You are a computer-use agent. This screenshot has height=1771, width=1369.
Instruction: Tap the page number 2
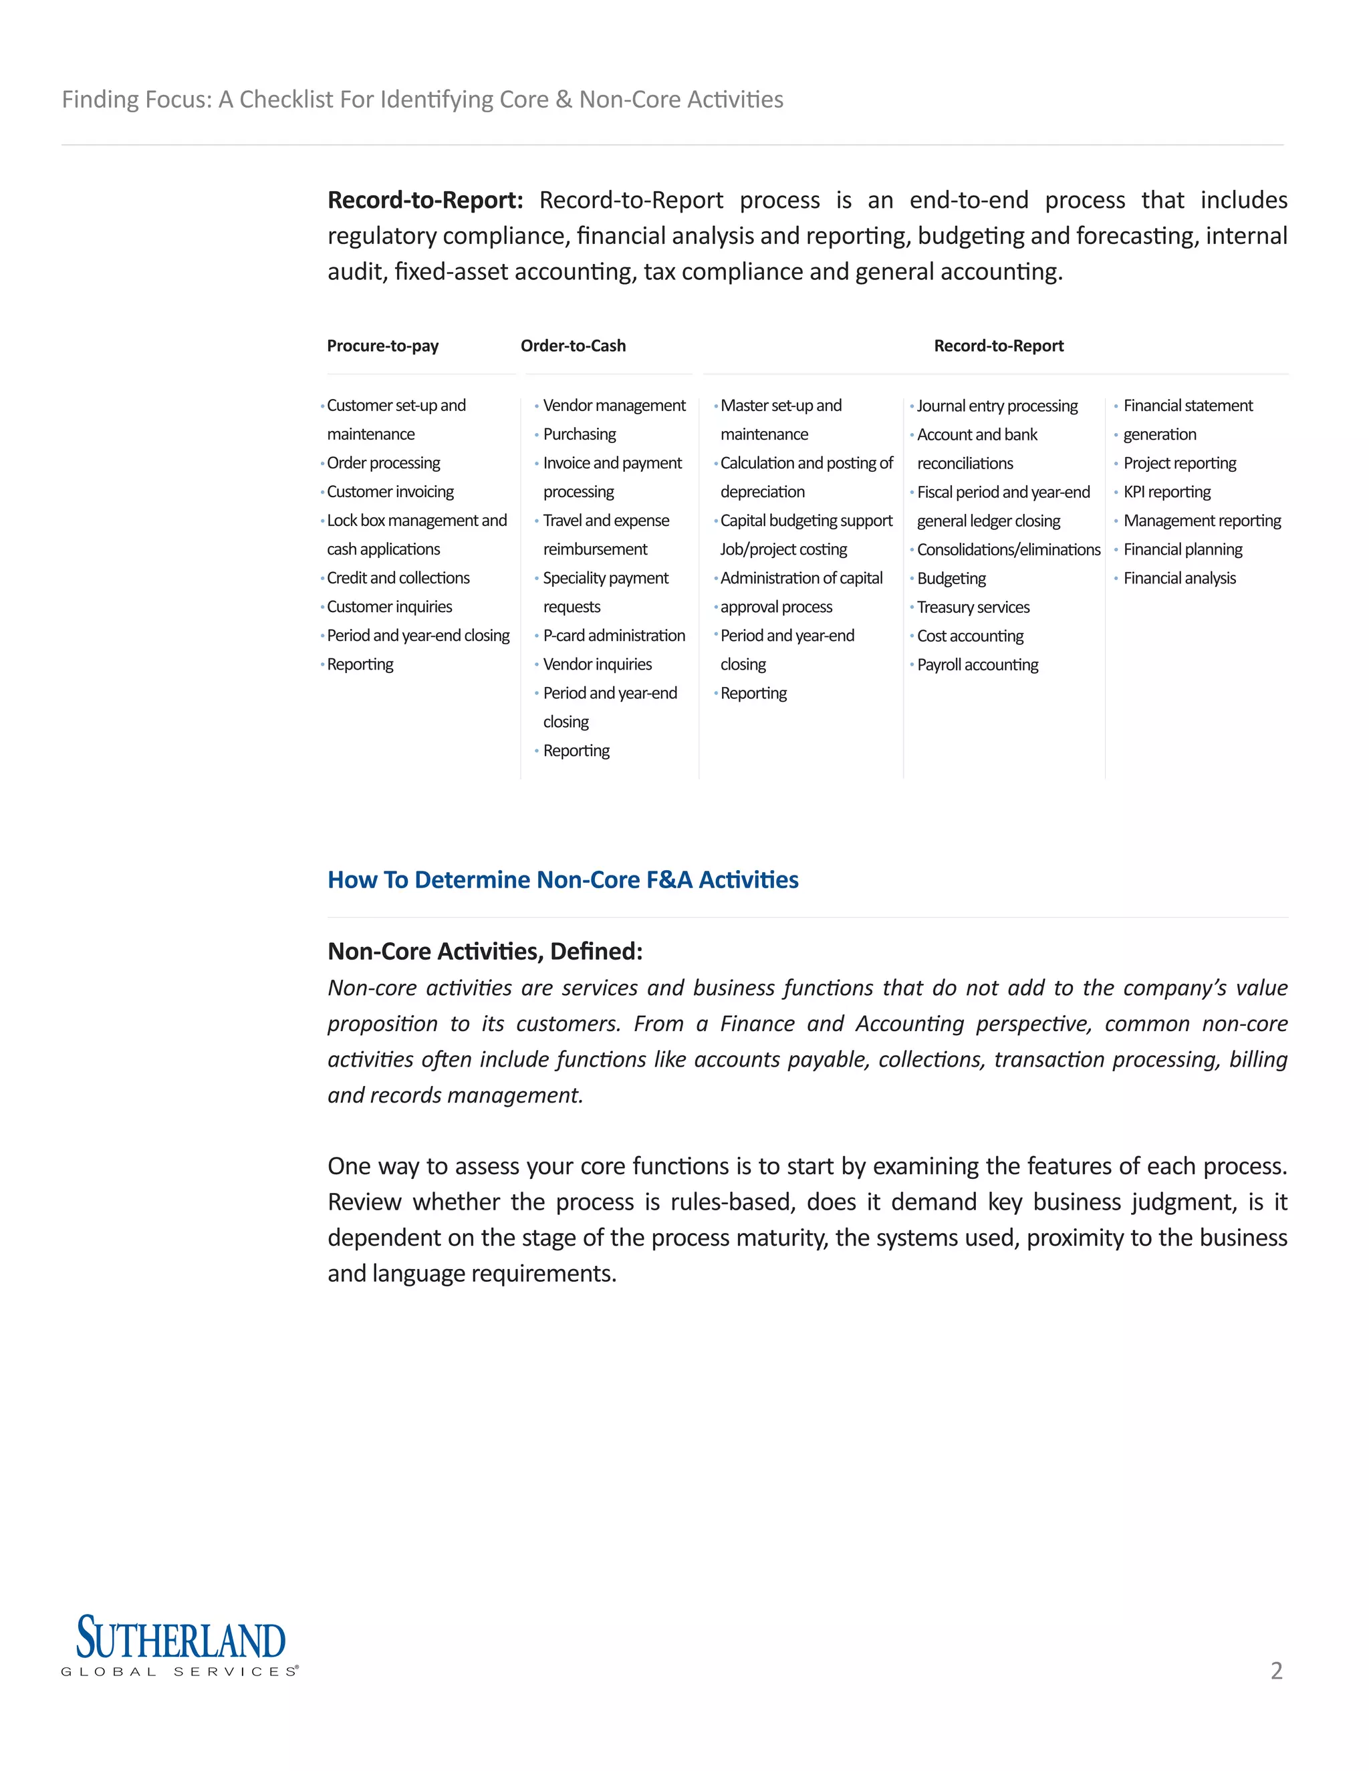click(1275, 1671)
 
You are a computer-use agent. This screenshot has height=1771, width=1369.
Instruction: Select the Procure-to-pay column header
click(383, 346)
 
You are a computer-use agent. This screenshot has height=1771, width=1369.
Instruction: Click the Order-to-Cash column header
click(573, 346)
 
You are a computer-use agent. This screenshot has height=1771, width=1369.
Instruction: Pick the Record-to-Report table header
click(999, 346)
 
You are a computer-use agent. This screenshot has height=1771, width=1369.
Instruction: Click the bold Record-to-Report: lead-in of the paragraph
click(425, 200)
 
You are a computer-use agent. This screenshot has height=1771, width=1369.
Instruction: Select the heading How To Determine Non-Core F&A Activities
click(563, 880)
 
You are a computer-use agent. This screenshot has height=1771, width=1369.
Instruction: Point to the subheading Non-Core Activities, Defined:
click(485, 951)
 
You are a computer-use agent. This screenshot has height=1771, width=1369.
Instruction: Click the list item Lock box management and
click(417, 521)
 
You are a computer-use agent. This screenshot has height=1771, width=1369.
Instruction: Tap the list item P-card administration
click(614, 636)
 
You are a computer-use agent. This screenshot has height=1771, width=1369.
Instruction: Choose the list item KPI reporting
click(1166, 493)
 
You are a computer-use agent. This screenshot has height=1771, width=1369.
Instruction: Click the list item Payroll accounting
click(977, 665)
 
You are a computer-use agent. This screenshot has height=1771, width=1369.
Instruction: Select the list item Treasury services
click(973, 607)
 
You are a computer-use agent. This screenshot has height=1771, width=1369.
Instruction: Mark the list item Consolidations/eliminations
click(1008, 550)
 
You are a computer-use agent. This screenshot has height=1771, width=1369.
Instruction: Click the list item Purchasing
click(579, 434)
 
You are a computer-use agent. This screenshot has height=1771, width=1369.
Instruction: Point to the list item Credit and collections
click(398, 578)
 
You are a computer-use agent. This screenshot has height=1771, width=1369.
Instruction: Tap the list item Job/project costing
click(783, 550)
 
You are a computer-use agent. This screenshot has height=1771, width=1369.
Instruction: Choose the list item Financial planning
click(1183, 550)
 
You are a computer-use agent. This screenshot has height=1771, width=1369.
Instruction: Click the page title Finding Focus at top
click(422, 100)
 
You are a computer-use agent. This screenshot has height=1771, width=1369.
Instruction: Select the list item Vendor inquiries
click(597, 665)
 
